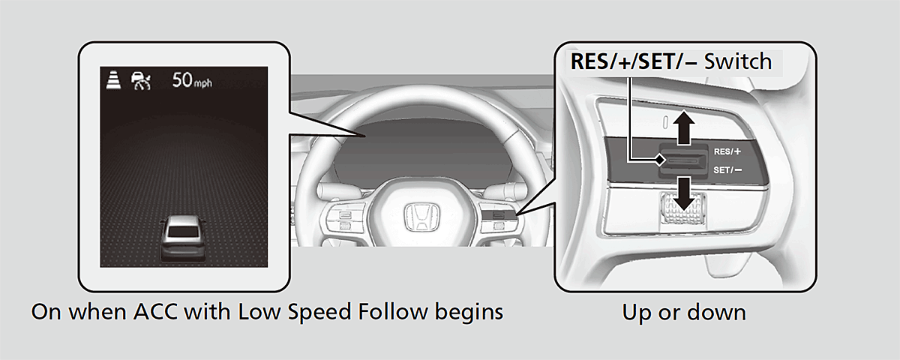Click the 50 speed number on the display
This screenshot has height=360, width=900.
click(x=183, y=79)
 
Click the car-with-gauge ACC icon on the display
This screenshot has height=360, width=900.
click(x=140, y=79)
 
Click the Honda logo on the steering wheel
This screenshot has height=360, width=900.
click(x=416, y=217)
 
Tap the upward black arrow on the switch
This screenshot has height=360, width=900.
click(x=683, y=127)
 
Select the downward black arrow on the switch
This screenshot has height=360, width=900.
click(x=683, y=193)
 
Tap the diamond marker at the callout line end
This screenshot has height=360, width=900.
click(x=658, y=159)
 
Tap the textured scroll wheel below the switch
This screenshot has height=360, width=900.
click(x=683, y=209)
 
